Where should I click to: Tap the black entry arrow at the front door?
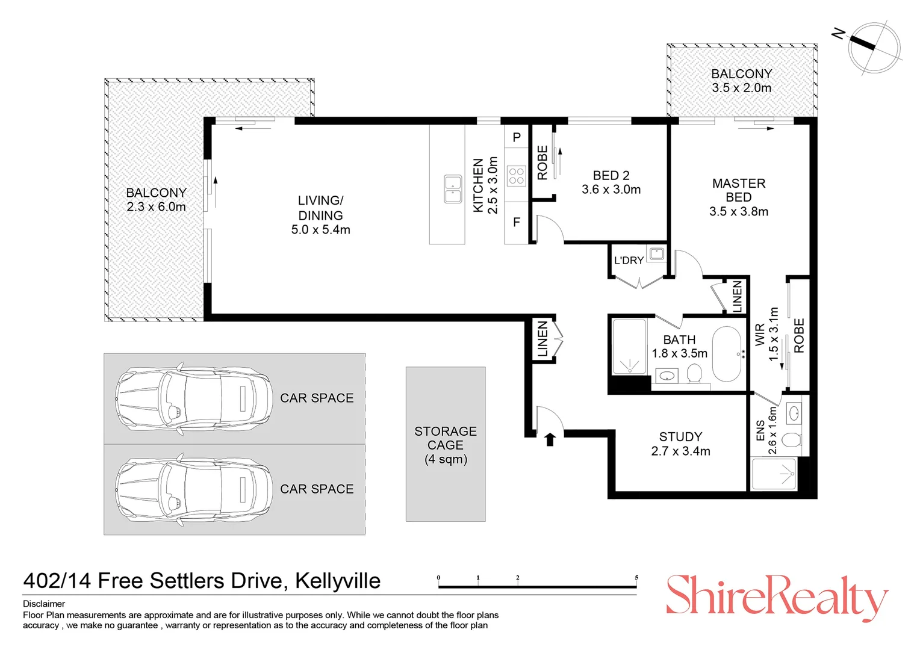pyautogui.click(x=549, y=439)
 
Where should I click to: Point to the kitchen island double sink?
pyautogui.click(x=453, y=189)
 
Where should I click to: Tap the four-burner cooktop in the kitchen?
pyautogui.click(x=517, y=176)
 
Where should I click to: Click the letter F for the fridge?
pyautogui.click(x=516, y=223)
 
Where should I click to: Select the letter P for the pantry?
pyautogui.click(x=516, y=138)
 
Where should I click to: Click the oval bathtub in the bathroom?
pyautogui.click(x=728, y=354)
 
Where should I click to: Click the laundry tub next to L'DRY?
pyautogui.click(x=656, y=253)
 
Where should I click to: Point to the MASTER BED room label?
pyautogui.click(x=738, y=190)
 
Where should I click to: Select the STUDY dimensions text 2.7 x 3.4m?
pyautogui.click(x=680, y=451)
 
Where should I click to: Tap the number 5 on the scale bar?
pyautogui.click(x=636, y=578)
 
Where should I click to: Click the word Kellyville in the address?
pyautogui.click(x=337, y=581)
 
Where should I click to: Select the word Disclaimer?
pyautogui.click(x=44, y=604)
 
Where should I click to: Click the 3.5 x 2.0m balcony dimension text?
pyautogui.click(x=741, y=88)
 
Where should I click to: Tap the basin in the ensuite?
pyautogui.click(x=794, y=413)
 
